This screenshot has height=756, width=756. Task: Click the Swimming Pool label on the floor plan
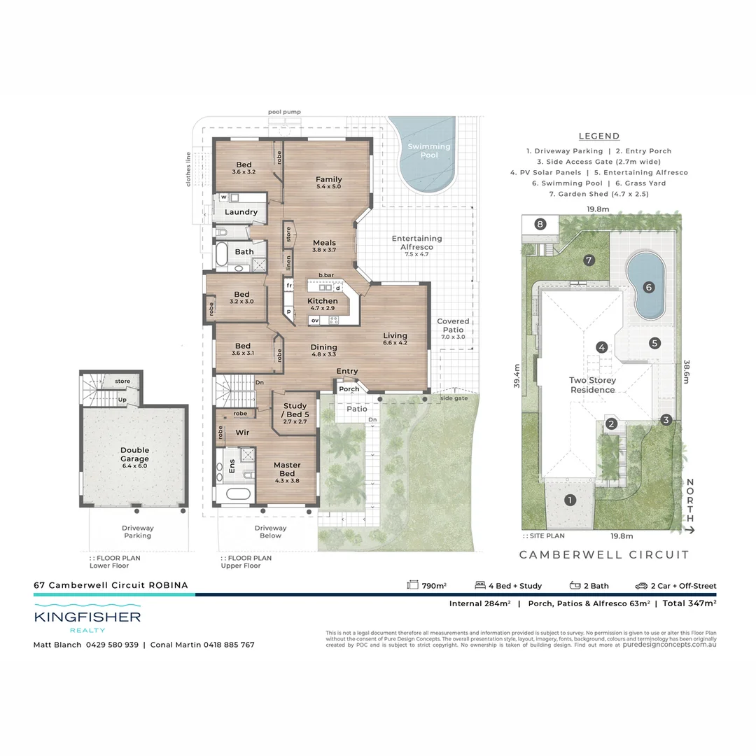(429, 150)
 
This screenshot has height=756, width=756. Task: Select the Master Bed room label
(287, 469)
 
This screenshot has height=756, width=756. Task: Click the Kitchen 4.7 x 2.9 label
(323, 305)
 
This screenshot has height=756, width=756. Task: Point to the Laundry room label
(241, 212)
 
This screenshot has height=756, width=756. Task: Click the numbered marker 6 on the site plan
(648, 286)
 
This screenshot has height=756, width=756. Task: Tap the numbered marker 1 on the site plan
(570, 500)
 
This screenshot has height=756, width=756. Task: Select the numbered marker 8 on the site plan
(540, 224)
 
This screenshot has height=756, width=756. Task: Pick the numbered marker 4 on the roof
(601, 346)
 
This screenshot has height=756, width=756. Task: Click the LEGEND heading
(599, 136)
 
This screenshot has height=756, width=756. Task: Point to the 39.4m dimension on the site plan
(517, 376)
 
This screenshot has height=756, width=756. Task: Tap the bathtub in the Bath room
(222, 254)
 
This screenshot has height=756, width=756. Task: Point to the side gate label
(453, 398)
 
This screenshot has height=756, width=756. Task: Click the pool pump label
(285, 111)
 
